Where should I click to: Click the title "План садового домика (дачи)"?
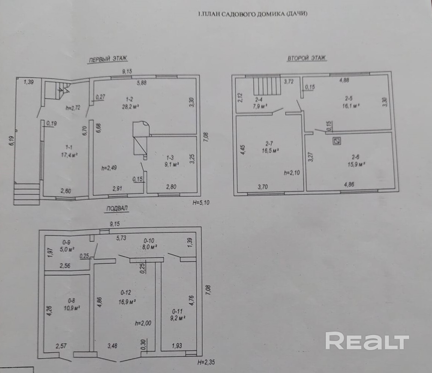coord(253,14)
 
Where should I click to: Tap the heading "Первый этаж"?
coord(107,59)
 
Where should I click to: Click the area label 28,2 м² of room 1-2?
coord(130,107)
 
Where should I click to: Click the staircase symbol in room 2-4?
coord(267,86)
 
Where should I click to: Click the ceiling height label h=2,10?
coord(292,173)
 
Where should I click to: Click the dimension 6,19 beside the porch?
coord(11,142)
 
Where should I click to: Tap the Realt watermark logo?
coord(367,341)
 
